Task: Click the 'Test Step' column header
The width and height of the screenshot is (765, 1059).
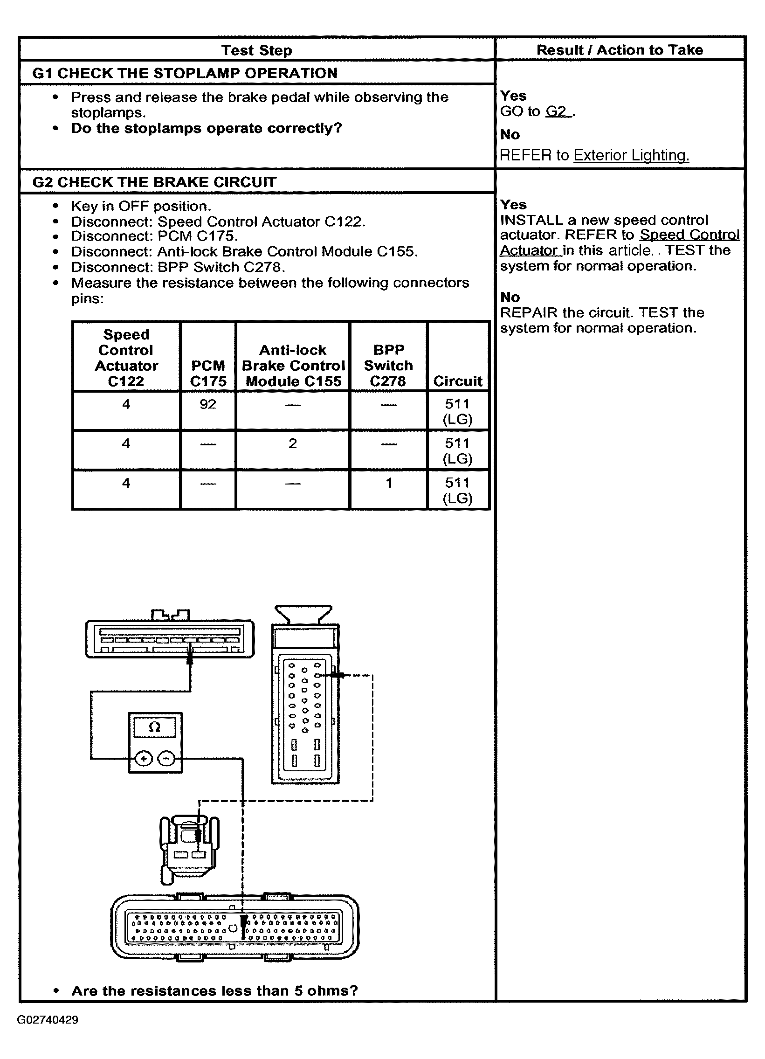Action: tap(256, 50)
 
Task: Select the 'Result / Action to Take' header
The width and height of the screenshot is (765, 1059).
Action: tap(620, 49)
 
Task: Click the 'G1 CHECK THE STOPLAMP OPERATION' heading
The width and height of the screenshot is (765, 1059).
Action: tap(185, 73)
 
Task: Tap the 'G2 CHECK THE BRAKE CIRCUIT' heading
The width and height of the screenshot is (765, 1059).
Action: tap(154, 182)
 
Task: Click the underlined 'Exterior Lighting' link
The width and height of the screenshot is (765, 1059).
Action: tap(631, 155)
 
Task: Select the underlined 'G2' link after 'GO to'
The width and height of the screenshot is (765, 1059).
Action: tap(556, 111)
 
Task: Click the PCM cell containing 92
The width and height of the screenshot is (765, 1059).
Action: tap(208, 404)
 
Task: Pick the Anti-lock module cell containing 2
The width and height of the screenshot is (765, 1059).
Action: tap(293, 443)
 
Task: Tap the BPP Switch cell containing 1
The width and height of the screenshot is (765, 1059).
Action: tap(389, 483)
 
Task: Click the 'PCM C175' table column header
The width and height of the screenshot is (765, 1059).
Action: tap(208, 373)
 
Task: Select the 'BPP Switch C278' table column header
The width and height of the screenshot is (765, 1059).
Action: tap(388, 365)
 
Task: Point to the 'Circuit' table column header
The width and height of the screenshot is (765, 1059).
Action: tap(457, 381)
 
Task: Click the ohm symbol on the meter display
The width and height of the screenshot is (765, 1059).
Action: tap(154, 727)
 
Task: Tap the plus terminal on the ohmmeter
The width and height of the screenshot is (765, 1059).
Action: tap(143, 759)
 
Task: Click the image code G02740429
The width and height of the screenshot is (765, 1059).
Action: tap(48, 1020)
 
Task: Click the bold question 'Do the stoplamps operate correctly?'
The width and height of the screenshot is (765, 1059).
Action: tap(207, 128)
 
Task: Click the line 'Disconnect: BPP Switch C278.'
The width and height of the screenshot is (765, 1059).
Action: tap(178, 267)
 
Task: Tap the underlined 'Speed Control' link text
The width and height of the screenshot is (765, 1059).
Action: tap(689, 235)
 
